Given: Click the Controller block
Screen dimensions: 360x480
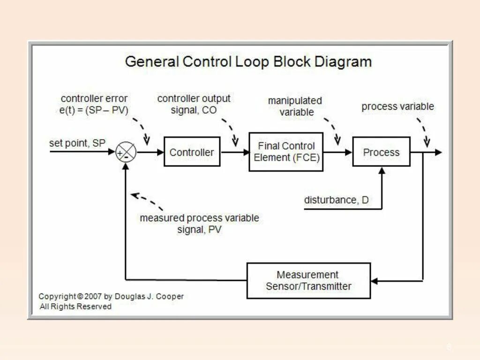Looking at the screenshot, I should coord(192,152).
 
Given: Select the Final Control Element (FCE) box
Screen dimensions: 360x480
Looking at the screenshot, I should coord(286,152).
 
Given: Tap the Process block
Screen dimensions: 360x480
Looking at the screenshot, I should coord(381,152).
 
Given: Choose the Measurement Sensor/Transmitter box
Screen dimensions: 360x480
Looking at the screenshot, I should coord(308,280).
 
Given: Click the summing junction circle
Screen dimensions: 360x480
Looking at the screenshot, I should coord(126,152).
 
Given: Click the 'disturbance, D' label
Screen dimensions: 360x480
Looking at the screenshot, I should coord(336,200).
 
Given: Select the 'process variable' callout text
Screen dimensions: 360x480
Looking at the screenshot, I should coord(397,106).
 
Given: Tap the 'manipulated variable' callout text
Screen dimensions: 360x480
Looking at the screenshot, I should coord(295,106).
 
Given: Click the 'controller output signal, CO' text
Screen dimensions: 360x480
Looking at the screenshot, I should coord(194,104).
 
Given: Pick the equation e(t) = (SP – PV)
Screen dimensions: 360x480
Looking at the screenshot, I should coord(94,110).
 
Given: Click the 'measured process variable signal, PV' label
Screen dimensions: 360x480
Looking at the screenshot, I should coord(199,224).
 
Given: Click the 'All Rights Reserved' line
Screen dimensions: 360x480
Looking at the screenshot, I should coord(75,307).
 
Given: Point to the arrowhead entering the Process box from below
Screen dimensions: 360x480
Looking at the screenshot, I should coord(382,171).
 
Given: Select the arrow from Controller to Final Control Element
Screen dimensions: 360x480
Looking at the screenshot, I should coord(234,152).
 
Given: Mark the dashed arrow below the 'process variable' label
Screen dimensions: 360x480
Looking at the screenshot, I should coord(423,131).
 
